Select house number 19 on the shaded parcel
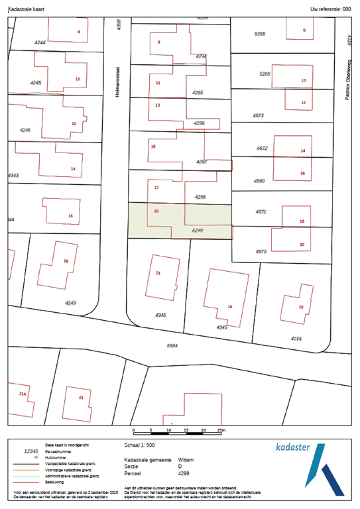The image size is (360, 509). (156, 211)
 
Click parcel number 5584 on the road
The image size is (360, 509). (173, 345)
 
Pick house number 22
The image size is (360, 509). (301, 307)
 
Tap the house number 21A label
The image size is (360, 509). (23, 394)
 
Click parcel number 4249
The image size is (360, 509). (71, 304)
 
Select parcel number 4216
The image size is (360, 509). (296, 338)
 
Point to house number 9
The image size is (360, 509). (158, 42)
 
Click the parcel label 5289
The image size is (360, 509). (265, 74)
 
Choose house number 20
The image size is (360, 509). (302, 245)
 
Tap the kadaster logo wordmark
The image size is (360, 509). (292, 448)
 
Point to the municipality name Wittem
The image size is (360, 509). (186, 459)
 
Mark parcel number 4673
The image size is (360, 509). (259, 115)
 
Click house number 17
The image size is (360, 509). (156, 188)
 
